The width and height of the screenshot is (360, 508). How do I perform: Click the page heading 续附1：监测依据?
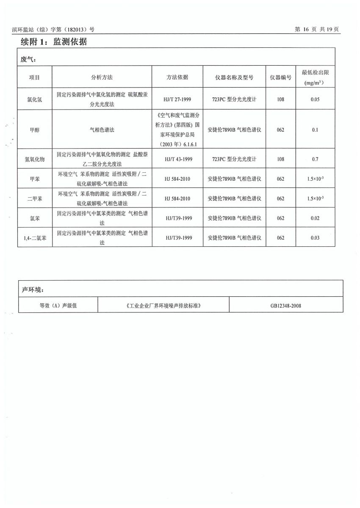point(54,42)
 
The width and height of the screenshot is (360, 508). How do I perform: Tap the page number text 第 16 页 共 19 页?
point(317,29)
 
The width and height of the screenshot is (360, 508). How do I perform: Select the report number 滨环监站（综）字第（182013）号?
point(53,30)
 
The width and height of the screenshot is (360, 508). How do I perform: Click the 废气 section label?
point(28,59)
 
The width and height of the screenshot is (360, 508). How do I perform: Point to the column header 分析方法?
point(102,77)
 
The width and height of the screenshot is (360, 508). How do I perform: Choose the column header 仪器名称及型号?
point(234,77)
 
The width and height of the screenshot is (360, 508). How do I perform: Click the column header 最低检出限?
point(315,73)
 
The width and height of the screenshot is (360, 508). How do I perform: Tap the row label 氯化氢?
point(34,99)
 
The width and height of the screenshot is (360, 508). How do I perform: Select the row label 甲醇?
point(34,130)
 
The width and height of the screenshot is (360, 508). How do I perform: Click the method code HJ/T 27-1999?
point(177,99)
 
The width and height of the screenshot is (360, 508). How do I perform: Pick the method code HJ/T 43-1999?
point(177,159)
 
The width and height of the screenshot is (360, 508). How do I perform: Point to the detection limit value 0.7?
point(315,159)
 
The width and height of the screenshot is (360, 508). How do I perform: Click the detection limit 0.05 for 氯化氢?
point(315,99)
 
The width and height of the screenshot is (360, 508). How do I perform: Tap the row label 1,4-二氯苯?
point(34,238)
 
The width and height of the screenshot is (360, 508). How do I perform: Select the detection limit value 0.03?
point(315,238)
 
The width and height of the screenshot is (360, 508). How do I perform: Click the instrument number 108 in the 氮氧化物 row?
point(280,159)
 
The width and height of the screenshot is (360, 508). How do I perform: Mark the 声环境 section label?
point(32,290)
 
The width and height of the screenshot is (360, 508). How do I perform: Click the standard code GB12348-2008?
point(286,305)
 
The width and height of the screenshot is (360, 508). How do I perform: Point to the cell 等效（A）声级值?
point(58,305)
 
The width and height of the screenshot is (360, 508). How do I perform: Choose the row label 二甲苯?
point(34,199)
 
